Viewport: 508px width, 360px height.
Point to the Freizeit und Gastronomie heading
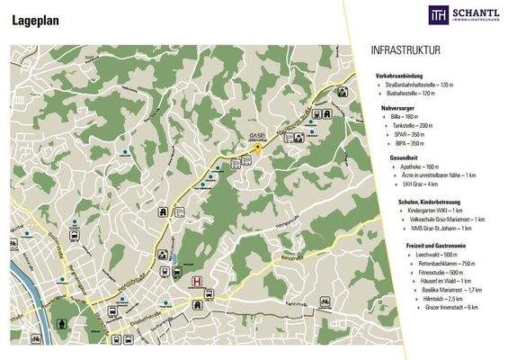[x=434, y=246]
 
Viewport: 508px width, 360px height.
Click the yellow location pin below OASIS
[x=258, y=148]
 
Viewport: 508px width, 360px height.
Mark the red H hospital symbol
[x=197, y=282]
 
